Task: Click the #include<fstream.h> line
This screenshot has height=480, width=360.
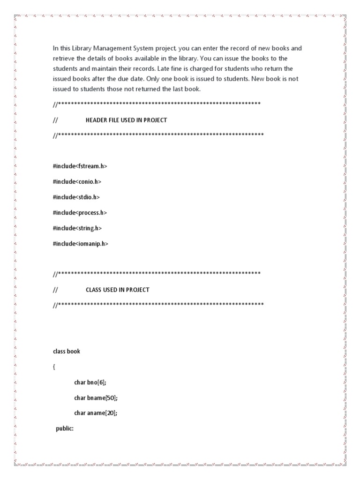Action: point(76,166)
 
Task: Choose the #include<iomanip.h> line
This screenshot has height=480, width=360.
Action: point(80,244)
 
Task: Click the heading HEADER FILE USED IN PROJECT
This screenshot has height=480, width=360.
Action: point(126,120)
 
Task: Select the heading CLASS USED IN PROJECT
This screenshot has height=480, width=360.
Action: point(117,290)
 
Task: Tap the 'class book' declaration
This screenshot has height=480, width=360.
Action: point(67,351)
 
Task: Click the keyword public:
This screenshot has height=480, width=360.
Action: point(65,428)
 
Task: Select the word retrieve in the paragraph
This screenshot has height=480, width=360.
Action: point(63,58)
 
